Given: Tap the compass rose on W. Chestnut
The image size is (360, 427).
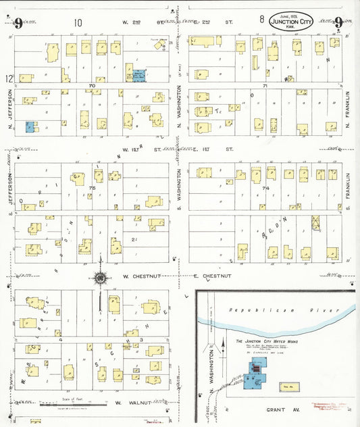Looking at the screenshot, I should point(99,278).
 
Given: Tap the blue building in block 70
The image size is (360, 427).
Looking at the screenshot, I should point(139,76).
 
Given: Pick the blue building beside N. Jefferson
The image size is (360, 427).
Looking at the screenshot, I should point(30,126).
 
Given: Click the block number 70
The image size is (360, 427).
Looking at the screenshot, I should point(91,86).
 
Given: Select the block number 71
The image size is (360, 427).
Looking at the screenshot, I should point(265,86).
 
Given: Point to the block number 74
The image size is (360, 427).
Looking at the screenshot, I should point(265,189).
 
